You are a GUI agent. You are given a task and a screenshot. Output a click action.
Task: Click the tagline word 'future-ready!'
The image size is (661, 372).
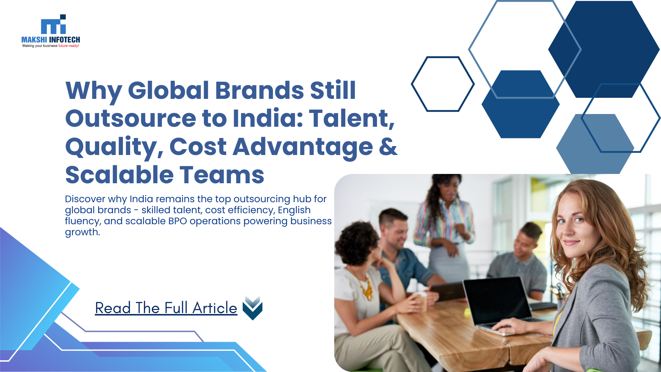point(69,46)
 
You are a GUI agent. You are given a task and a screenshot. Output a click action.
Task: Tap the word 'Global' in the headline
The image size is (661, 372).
point(168,91)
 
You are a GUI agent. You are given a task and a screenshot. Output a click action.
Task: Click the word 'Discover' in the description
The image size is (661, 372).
point(85,199)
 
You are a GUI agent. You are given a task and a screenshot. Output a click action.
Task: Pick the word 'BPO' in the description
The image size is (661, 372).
point(178,221)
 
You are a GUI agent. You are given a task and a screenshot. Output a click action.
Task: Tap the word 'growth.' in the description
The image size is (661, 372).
point(83,232)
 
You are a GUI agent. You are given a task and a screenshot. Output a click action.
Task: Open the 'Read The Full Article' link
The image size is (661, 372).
point(166,308)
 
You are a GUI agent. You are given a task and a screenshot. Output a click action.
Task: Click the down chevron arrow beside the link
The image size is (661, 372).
point(253,308)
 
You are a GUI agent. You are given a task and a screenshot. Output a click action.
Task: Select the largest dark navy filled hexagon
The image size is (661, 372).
point(604,49)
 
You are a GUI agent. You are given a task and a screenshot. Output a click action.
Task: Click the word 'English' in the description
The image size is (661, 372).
point(294,210)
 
